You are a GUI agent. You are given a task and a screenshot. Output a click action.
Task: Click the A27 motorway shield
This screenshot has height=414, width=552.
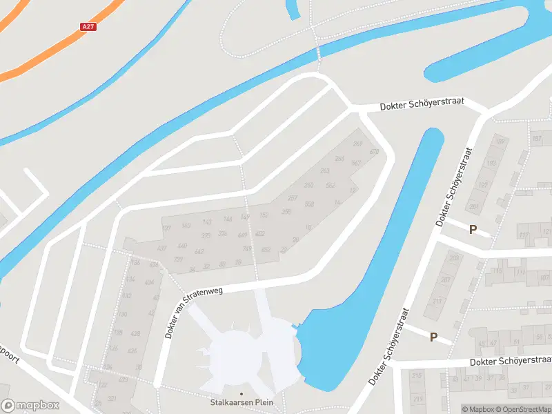(x=88, y=27)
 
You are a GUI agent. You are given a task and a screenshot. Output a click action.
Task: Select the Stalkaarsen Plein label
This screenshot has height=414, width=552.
(x=241, y=402)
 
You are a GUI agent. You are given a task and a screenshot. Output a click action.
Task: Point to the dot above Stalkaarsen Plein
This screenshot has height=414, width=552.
(x=241, y=394)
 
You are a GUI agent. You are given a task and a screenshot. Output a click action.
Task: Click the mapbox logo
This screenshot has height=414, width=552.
(x=30, y=405)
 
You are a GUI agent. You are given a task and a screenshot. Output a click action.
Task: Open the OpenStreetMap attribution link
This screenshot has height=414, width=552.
(x=524, y=409)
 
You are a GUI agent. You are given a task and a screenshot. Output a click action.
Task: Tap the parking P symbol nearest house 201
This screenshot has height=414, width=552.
(x=473, y=229)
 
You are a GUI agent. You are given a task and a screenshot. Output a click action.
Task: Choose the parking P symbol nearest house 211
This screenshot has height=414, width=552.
(x=433, y=337)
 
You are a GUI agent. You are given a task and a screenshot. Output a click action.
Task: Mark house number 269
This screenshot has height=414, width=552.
(x=357, y=144)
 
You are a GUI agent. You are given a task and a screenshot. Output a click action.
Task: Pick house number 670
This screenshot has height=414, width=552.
(x=375, y=152)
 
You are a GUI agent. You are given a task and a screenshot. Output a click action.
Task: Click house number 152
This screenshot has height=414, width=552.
(x=264, y=215)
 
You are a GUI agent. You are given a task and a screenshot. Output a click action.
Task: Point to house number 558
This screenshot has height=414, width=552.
(x=309, y=204)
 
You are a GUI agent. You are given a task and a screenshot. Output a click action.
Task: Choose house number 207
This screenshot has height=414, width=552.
(x=446, y=279)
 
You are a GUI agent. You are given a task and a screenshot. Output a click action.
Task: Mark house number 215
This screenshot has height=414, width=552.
(x=416, y=376)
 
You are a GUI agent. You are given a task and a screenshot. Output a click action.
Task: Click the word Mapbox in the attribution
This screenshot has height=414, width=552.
(x=482, y=409)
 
